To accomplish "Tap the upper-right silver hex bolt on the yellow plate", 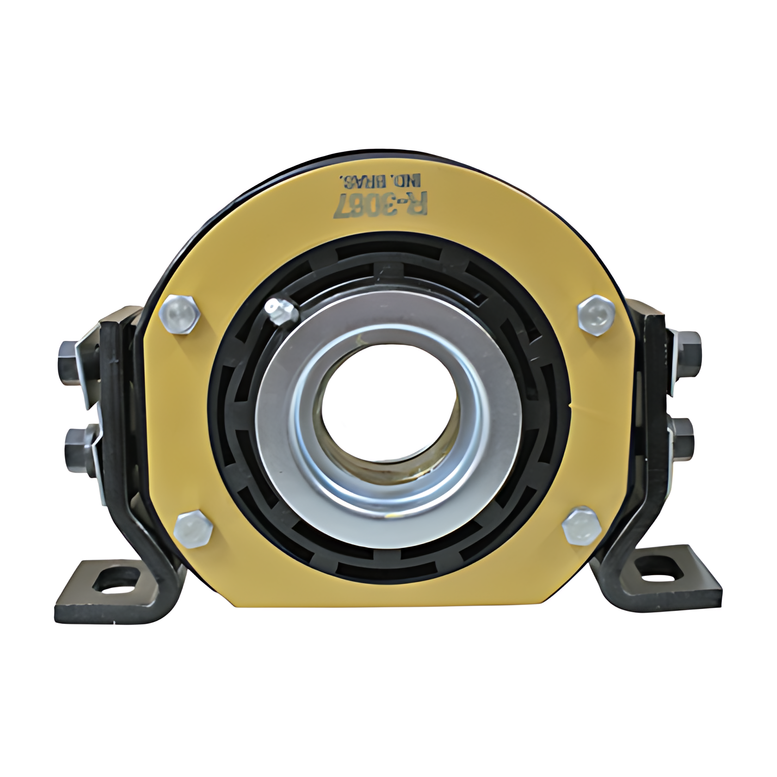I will click(597, 314).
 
